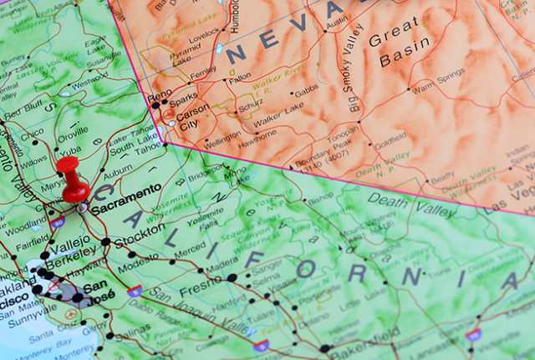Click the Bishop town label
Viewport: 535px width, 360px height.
(x=321, y=200)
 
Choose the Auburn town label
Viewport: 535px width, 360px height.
(x=118, y=168)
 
